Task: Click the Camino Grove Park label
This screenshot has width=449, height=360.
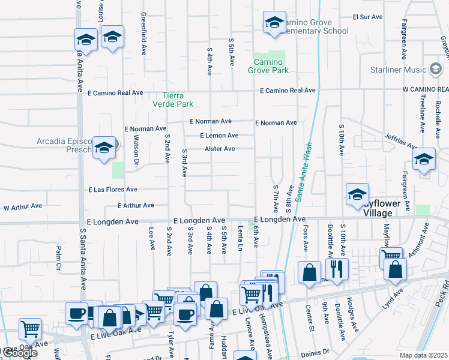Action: click(x=268, y=66)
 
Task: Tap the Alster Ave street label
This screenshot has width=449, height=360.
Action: click(x=220, y=149)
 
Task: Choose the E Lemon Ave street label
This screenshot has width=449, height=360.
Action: click(x=219, y=136)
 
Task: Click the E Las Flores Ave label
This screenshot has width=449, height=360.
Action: click(x=113, y=190)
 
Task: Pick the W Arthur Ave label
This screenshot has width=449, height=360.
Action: click(x=23, y=206)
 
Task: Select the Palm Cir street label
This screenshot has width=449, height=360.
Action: click(x=59, y=257)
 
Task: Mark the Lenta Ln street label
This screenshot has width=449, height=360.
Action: click(x=240, y=238)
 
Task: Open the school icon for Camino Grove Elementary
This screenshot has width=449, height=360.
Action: click(x=274, y=23)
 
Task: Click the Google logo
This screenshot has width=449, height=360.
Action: click(x=19, y=353)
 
